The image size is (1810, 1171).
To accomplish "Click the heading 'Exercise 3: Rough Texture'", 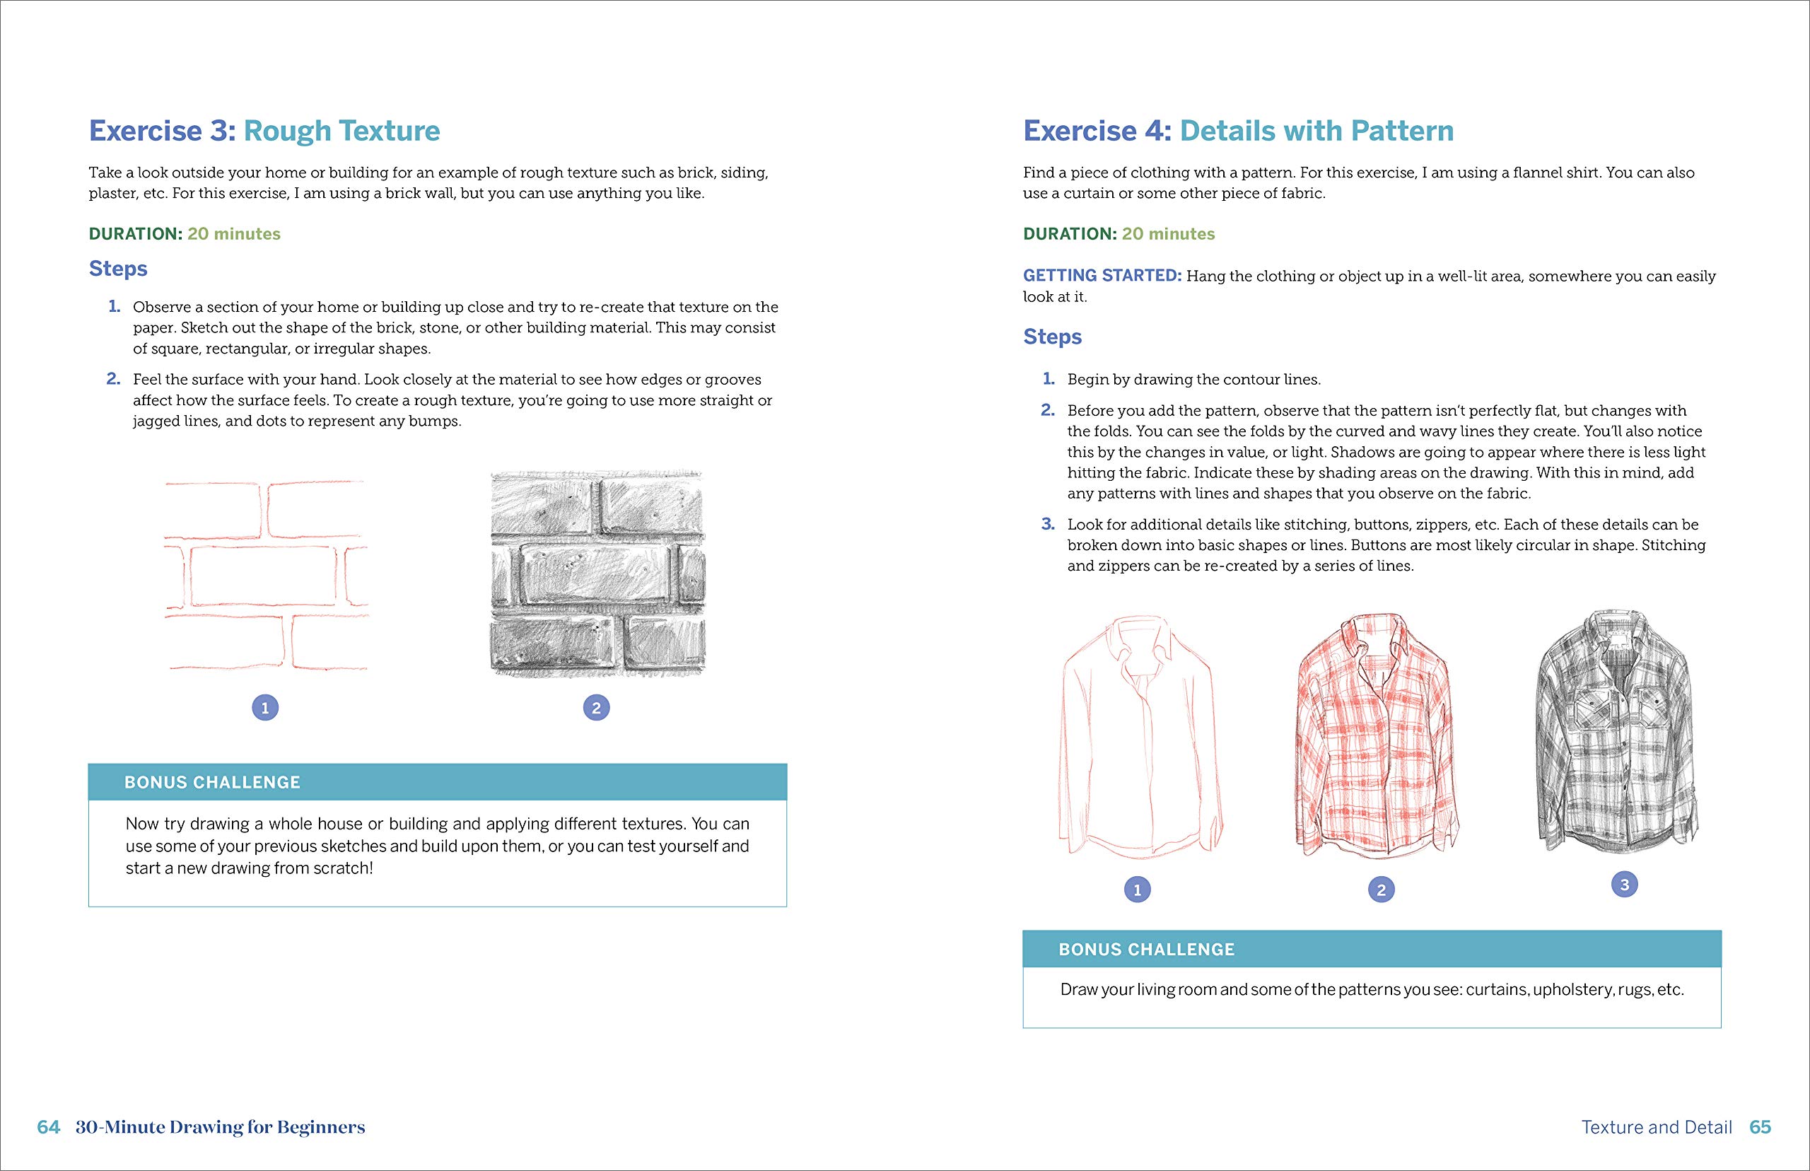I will pos(264,131).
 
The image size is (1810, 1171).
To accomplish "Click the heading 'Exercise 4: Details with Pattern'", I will pos(1237,131).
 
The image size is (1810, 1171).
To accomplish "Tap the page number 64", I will pos(48,1127).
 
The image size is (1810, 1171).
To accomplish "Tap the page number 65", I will pos(1760,1127).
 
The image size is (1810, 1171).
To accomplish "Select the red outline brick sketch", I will pos(266,576).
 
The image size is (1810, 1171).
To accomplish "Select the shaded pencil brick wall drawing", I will pos(597,574).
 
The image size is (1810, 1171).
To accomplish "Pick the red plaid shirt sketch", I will pos(1377,737).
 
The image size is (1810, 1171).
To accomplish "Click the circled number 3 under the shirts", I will pos(1625,885).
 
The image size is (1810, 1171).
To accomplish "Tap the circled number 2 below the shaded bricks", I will pos(596,708).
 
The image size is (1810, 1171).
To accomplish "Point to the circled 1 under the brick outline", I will pos(264,708).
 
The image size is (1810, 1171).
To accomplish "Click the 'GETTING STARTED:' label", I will pos(1102,275).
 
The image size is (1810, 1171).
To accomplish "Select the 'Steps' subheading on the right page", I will pos(1052,336).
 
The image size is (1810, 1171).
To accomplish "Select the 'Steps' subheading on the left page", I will pos(118,269).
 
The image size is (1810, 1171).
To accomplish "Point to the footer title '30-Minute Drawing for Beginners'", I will pos(221,1127).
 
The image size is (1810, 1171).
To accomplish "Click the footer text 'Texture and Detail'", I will pos(1657,1127).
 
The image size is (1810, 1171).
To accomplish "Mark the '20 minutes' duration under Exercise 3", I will pos(234,233).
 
